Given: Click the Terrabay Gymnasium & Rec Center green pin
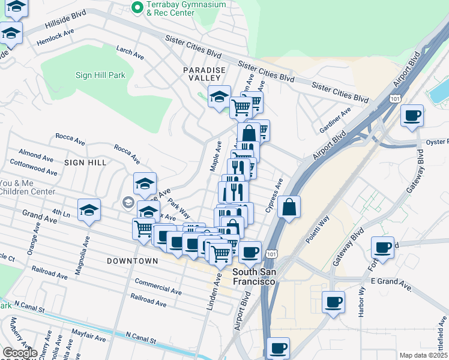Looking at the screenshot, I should tap(137, 8).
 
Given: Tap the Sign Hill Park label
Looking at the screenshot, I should tap(100, 76).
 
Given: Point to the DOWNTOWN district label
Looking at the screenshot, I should tap(133, 261).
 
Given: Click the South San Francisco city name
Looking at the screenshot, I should tap(254, 277).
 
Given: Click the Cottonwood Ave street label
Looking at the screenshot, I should tap(34, 167).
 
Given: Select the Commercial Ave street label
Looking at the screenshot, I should tap(158, 286).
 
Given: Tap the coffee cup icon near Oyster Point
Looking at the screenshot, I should tap(412, 116).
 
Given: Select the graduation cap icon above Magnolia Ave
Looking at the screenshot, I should tap(89, 211).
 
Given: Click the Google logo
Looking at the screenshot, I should tap(20, 353).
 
